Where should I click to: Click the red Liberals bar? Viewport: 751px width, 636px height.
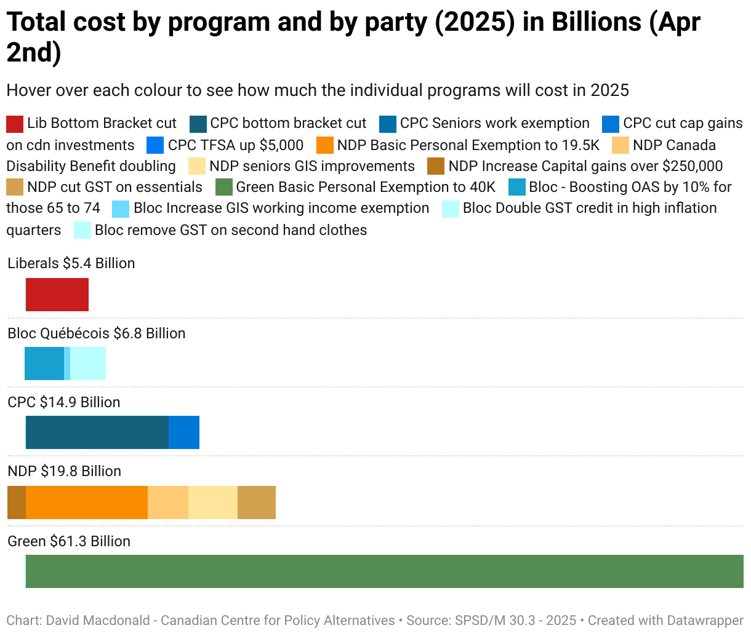point(57,295)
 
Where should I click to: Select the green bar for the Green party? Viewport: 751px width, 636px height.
point(384,571)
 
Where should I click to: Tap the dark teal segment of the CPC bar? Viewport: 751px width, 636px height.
point(97,432)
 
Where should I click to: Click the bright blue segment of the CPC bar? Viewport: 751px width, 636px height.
point(184,432)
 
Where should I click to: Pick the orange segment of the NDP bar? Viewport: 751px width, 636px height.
point(87,503)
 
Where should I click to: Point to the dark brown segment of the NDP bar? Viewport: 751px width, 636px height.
point(17,503)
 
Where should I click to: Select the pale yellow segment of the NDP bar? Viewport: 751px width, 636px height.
point(213,503)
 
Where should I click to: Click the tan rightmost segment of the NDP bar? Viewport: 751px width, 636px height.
point(257,503)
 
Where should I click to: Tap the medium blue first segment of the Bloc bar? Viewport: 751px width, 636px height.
point(44,364)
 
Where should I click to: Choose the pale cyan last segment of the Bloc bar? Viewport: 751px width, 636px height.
point(88,364)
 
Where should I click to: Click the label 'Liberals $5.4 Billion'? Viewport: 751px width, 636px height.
point(71,263)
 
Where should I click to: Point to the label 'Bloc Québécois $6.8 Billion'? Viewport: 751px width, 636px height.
point(97,333)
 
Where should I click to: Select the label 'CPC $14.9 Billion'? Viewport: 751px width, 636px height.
point(64,402)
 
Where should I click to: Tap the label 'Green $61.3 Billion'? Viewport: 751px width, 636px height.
point(69,541)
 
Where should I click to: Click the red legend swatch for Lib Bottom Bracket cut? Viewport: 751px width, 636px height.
point(15,124)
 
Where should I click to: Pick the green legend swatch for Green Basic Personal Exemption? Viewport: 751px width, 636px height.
point(224,187)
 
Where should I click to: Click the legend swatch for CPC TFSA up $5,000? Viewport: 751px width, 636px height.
point(155,145)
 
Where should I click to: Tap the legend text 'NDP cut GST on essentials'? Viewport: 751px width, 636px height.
point(114,187)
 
